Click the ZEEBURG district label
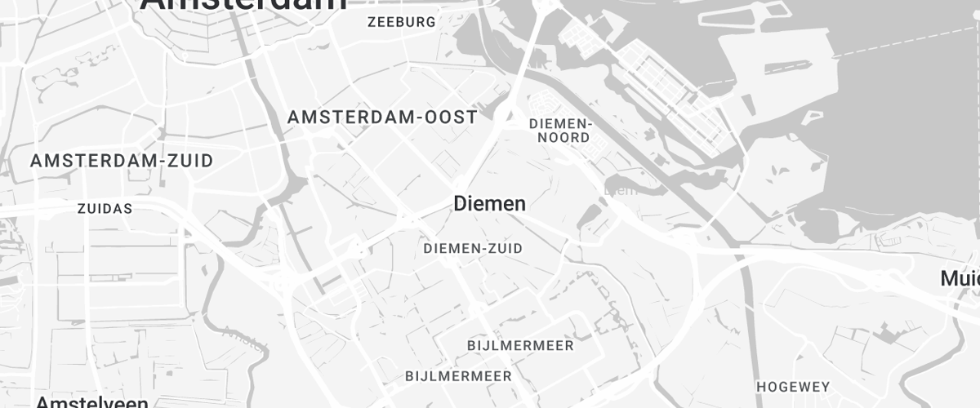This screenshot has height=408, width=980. pyautogui.click(x=402, y=22)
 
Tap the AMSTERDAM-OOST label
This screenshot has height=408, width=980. pyautogui.click(x=382, y=118)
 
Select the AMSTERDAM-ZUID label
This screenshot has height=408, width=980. pyautogui.click(x=122, y=161)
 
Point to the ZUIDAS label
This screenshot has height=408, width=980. pyautogui.click(x=105, y=209)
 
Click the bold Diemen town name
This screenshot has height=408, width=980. pyautogui.click(x=489, y=204)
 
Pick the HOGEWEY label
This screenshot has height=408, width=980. pyautogui.click(x=793, y=387)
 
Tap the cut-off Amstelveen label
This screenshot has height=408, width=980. pyautogui.click(x=92, y=402)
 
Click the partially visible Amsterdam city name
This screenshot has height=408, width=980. pyautogui.click(x=243, y=5)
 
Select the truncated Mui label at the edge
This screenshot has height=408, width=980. pyautogui.click(x=960, y=279)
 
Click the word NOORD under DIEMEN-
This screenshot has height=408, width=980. pyautogui.click(x=563, y=138)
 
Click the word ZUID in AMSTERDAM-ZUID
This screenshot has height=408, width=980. pyautogui.click(x=189, y=161)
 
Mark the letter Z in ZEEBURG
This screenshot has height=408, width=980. pyautogui.click(x=372, y=22)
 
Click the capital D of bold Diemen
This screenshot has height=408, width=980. pyautogui.click(x=460, y=204)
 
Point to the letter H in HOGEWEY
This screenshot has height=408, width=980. pyautogui.click(x=761, y=387)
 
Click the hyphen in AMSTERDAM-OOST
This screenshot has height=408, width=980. pyautogui.click(x=415, y=118)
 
